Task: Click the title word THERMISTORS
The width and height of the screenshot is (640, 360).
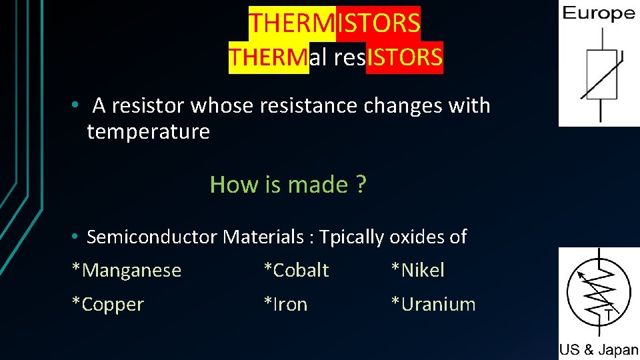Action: (335, 23)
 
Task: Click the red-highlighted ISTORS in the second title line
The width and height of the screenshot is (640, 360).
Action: (405, 57)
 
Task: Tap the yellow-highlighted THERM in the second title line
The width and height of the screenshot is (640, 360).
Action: (269, 57)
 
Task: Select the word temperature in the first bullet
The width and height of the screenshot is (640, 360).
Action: (148, 131)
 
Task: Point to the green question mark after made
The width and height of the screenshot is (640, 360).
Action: (361, 184)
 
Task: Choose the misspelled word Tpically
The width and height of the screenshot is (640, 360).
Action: (351, 237)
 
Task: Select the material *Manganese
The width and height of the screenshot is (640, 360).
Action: (127, 270)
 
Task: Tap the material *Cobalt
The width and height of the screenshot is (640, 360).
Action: (296, 270)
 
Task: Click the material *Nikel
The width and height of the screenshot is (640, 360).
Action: (417, 270)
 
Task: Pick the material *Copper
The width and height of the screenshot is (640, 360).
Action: (108, 304)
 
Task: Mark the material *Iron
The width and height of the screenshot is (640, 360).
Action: (285, 304)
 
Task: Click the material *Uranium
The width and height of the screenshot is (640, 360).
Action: (433, 304)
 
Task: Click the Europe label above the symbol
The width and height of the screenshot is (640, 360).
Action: (599, 13)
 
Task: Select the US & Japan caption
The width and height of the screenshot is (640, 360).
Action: (599, 350)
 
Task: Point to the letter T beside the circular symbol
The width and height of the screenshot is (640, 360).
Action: (608, 313)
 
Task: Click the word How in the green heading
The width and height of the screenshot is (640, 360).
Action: (226, 184)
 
